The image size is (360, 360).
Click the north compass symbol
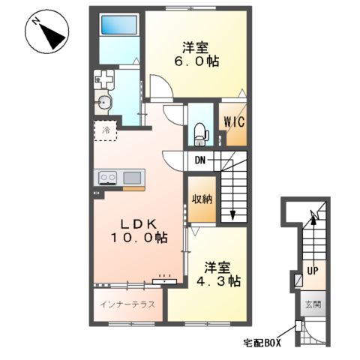click(47, 31)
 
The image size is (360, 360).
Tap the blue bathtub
click(119, 25)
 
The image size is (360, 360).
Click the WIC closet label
click(234, 122)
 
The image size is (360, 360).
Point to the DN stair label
click(200, 160)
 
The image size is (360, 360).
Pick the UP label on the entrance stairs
click(313, 271)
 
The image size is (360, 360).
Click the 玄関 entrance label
click(313, 304)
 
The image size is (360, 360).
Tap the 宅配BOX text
click(262, 343)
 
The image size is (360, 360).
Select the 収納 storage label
click(202, 199)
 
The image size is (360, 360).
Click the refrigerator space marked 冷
click(106, 130)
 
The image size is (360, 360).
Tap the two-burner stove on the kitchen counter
click(108, 178)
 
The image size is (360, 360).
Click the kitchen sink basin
click(132, 178)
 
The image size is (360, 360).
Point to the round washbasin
click(103, 102)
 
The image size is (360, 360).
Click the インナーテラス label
click(127, 304)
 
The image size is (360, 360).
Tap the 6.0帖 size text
click(196, 61)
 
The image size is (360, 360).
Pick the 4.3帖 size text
click(218, 281)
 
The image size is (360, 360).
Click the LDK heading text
click(139, 224)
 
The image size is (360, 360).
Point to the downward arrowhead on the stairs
click(232, 215)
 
